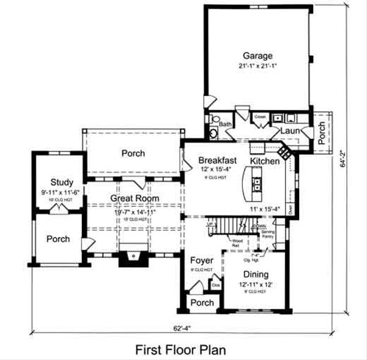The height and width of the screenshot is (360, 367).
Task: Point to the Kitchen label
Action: [x=265, y=160]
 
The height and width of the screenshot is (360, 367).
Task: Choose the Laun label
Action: [x=289, y=130]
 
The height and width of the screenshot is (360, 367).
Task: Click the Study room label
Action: [x=62, y=182]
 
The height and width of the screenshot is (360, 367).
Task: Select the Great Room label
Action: [x=135, y=198]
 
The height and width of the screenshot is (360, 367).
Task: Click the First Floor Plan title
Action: [x=180, y=350]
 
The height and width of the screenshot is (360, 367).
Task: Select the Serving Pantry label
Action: [x=267, y=233]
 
